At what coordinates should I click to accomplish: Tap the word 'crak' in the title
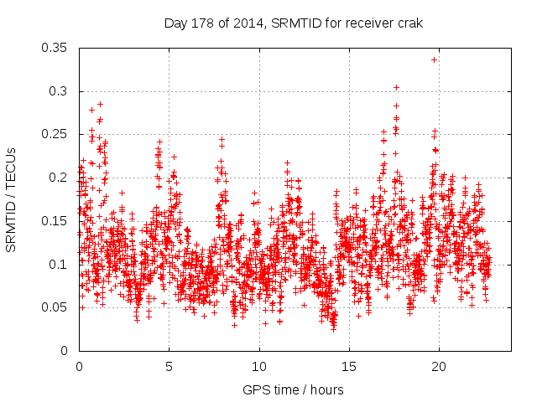click(409, 23)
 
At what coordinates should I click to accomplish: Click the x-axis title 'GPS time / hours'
click(293, 389)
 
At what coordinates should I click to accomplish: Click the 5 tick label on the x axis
click(169, 366)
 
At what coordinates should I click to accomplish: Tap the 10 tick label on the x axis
click(259, 366)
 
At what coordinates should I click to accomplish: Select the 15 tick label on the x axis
click(349, 366)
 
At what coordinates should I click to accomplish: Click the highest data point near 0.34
click(434, 59)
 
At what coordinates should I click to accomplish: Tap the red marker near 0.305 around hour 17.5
click(396, 87)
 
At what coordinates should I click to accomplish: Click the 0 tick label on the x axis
click(79, 366)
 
